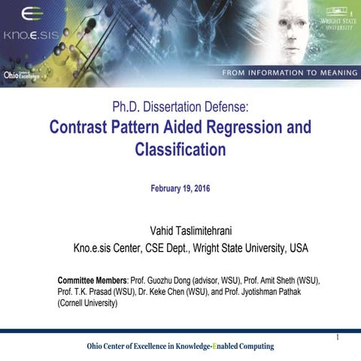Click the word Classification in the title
[x=180, y=149]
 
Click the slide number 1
[x=338, y=338]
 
